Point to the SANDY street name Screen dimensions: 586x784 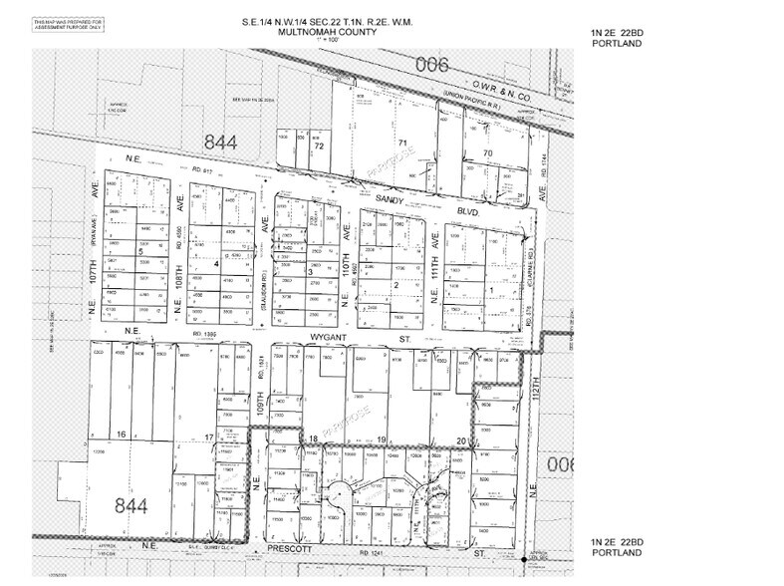(x=388, y=200)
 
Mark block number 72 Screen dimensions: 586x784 (x=319, y=146)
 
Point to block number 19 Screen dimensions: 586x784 (x=381, y=439)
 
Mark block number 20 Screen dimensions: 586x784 (x=461, y=439)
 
